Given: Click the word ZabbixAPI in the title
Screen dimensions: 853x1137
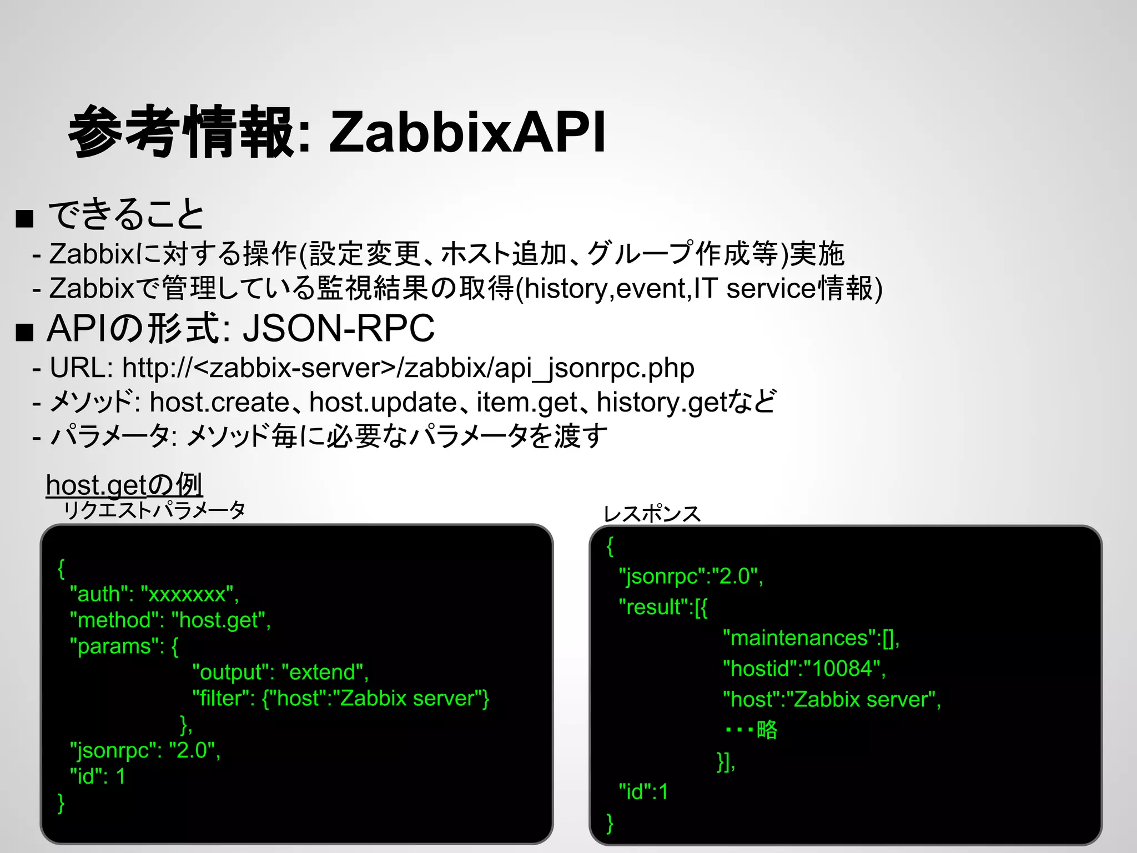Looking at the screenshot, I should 467,132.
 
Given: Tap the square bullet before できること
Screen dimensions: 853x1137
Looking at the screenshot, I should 25,219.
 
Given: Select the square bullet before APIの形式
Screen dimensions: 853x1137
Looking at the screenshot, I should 25,332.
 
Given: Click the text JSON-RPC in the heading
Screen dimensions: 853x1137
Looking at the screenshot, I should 338,329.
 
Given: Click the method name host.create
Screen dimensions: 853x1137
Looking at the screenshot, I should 219,402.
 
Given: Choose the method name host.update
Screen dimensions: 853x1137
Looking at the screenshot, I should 383,402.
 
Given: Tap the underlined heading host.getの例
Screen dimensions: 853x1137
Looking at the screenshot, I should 124,485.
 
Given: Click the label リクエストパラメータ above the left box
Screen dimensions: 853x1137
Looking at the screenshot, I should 154,510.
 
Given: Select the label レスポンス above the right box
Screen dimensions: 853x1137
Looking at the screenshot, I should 652,514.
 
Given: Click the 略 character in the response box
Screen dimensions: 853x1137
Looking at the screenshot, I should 767,730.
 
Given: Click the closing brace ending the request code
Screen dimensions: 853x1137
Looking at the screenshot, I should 61,803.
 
